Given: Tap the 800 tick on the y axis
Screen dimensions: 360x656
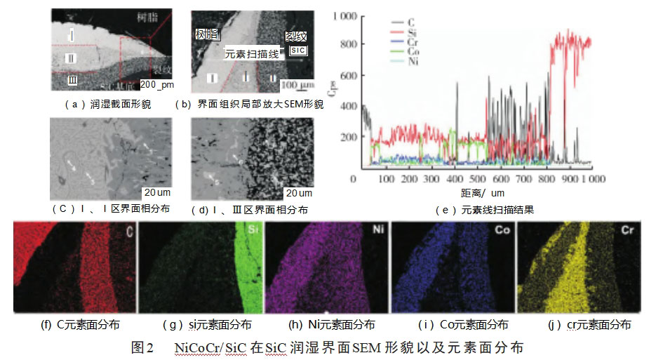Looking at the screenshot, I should [351, 44].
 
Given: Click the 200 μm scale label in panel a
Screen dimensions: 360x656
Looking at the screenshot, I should [157, 84].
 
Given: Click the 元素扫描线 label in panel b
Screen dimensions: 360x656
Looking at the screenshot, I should [252, 53].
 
